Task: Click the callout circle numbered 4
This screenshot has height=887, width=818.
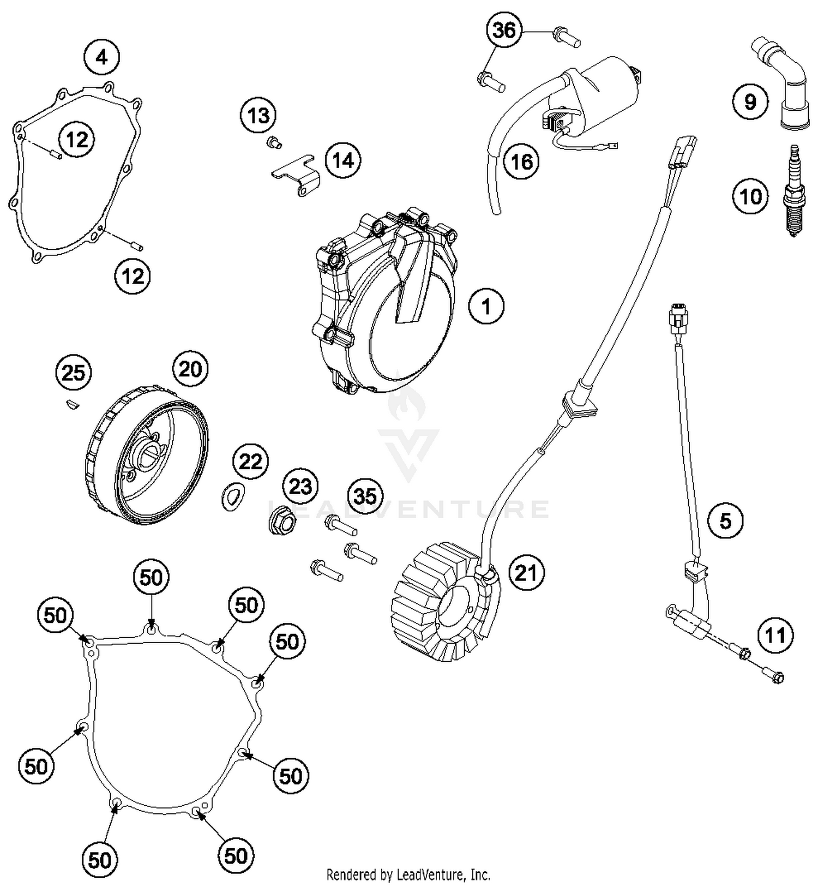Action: pos(102,57)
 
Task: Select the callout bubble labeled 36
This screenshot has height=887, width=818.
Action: pos(504,30)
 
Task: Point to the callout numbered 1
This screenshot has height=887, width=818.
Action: pos(486,307)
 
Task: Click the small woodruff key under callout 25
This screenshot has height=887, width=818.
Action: pos(71,404)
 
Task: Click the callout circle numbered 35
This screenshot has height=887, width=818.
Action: pos(365,496)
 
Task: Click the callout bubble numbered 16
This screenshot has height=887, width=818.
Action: pos(521,162)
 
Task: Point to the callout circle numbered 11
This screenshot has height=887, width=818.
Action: pos(775,635)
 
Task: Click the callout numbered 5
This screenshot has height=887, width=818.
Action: pos(725,520)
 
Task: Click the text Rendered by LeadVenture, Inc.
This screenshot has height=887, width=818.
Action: pos(408,874)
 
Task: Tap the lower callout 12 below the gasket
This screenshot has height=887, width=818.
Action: pos(133,276)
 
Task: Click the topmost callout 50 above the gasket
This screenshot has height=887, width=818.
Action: pos(151,577)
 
